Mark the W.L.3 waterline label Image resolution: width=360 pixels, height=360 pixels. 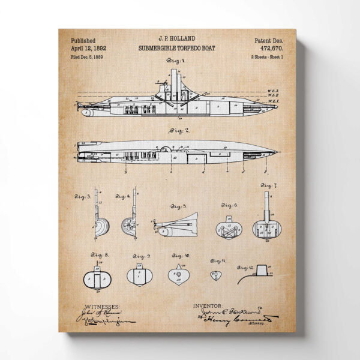(274, 90)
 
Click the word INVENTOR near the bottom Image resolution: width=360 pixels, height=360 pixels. (208, 305)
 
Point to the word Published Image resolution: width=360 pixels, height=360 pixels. (83, 39)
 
